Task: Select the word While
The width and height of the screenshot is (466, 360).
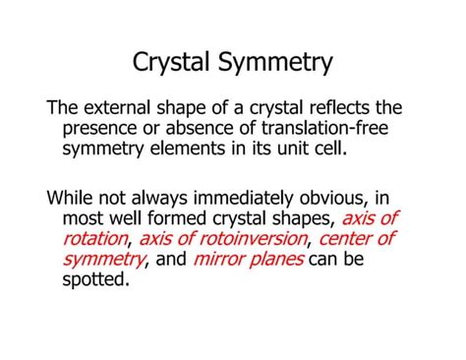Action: (x=72, y=197)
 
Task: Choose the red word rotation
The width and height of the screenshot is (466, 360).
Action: (x=95, y=238)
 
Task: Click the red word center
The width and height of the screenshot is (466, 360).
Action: (x=346, y=238)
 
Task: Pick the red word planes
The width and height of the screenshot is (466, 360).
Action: (x=280, y=259)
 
